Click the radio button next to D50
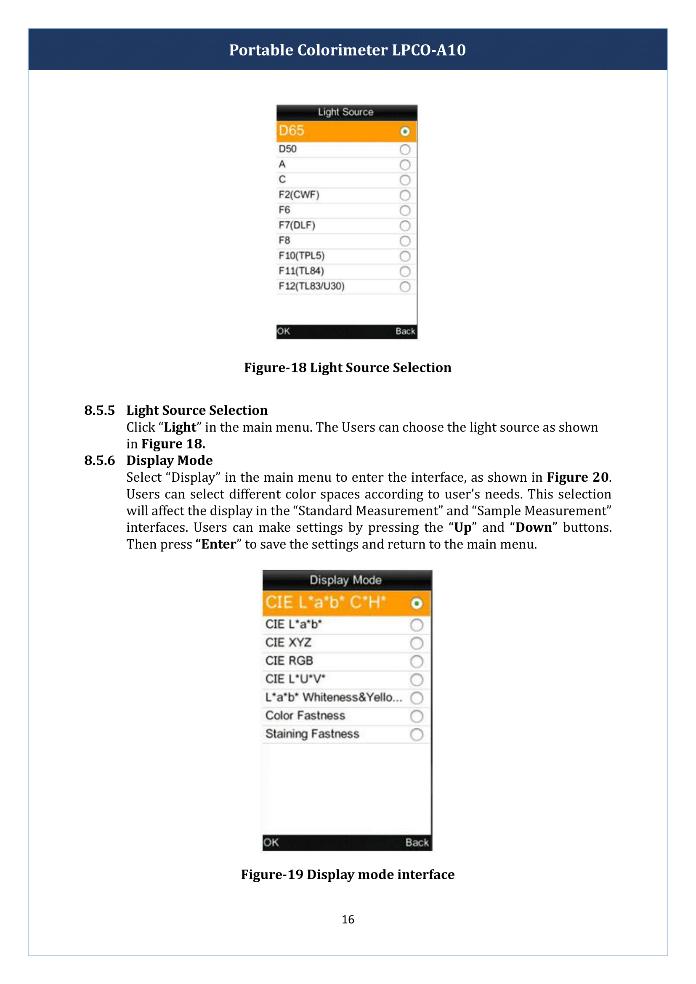coord(404,150)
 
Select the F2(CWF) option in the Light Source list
coord(299,195)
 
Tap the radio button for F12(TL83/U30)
coord(404,287)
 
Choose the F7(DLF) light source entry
coord(297,225)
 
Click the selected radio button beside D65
coord(404,132)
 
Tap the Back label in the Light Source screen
coord(405,331)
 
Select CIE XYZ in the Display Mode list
coord(288,643)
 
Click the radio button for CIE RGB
coord(416,662)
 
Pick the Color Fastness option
coord(305,716)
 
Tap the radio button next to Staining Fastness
coord(416,735)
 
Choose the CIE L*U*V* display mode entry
coord(295,679)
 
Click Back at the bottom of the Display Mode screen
coord(417,843)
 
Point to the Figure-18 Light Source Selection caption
coord(348,368)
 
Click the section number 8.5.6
coord(99,461)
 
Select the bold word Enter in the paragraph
coord(218,544)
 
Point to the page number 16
coord(348,920)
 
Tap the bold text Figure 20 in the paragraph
coord(577,477)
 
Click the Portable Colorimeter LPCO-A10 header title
coord(347,50)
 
